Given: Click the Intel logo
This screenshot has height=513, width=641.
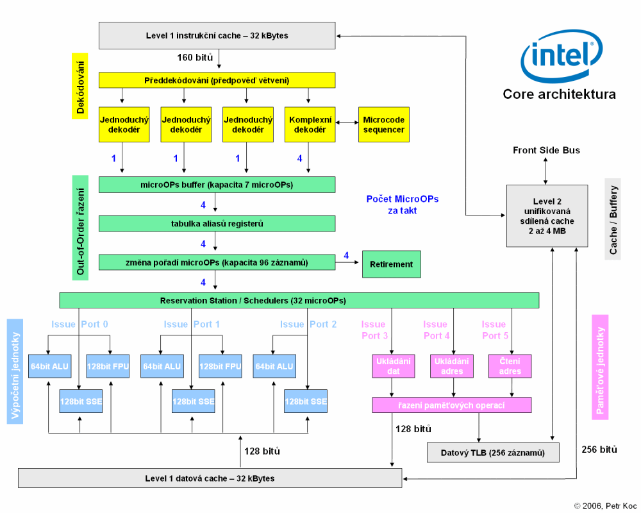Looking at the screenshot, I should (x=562, y=57).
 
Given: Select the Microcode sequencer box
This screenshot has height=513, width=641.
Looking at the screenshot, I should (x=383, y=124).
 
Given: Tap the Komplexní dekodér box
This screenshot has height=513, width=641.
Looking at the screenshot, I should (x=310, y=124).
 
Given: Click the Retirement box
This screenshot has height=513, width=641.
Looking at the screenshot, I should (x=391, y=264).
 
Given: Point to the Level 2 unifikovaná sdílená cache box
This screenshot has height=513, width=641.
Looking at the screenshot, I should (x=547, y=215).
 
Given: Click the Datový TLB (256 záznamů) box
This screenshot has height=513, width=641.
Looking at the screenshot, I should (x=493, y=453).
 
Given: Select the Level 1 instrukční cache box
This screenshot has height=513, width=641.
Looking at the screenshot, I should (x=217, y=35).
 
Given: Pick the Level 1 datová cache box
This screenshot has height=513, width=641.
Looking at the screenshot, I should (x=209, y=478).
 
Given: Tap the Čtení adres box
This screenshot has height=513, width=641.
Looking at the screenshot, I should (x=510, y=366).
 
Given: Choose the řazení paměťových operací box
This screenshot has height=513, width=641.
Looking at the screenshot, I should (x=451, y=405).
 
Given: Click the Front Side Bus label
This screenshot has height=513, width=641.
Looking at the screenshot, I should (x=546, y=150).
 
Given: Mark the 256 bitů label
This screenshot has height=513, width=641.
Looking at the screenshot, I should (x=599, y=450).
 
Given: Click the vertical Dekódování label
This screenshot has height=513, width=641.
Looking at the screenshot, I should (x=80, y=88).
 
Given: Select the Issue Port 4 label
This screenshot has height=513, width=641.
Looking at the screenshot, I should (x=435, y=330).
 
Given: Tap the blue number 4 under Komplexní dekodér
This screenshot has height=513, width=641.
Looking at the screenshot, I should (x=299, y=158).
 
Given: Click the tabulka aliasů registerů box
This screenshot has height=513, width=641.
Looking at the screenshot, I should (x=217, y=224).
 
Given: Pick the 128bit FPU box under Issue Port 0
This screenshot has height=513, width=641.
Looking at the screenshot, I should (x=108, y=366).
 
